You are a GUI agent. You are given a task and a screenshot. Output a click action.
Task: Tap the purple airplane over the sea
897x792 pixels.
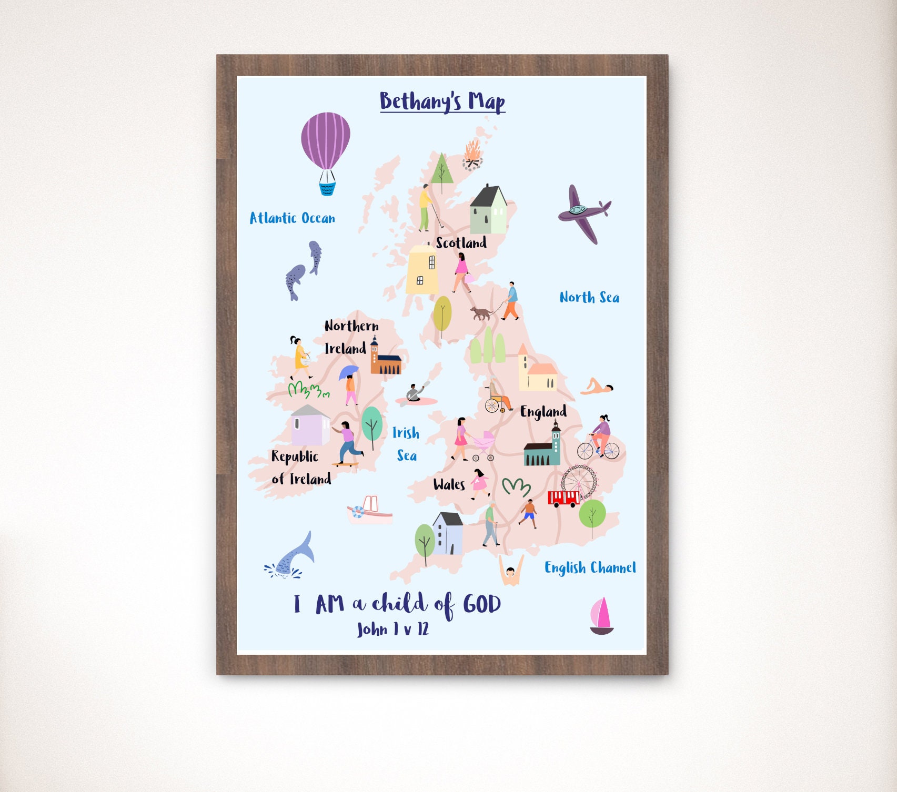click(x=582, y=214)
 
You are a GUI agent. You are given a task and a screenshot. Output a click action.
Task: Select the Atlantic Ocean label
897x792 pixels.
click(x=292, y=218)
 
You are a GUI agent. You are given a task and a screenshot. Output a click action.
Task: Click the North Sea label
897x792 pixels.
click(x=589, y=298)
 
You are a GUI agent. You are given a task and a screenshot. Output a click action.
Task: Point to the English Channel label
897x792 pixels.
click(x=590, y=567)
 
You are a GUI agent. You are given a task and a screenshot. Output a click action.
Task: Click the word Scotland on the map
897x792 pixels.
click(x=461, y=243)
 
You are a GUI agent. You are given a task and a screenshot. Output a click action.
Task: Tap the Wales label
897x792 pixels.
click(x=449, y=484)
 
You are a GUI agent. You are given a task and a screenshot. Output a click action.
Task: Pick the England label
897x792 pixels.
click(x=543, y=411)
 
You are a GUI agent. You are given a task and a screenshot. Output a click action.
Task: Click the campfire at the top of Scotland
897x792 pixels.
click(x=472, y=155)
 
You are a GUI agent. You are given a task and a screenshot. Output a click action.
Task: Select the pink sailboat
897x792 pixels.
click(x=601, y=616)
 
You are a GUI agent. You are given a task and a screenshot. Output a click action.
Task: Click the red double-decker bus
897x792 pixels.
click(x=563, y=498)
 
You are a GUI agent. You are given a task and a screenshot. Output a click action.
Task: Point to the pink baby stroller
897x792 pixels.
click(x=483, y=445)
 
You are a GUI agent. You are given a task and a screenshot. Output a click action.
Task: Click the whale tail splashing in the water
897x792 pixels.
click(x=293, y=557)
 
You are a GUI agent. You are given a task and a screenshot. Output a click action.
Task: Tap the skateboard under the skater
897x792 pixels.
click(x=345, y=464)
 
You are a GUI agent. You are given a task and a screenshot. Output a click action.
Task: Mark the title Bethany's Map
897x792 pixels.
click(x=442, y=101)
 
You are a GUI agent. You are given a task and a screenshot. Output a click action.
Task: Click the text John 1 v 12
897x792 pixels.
click(x=392, y=629)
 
